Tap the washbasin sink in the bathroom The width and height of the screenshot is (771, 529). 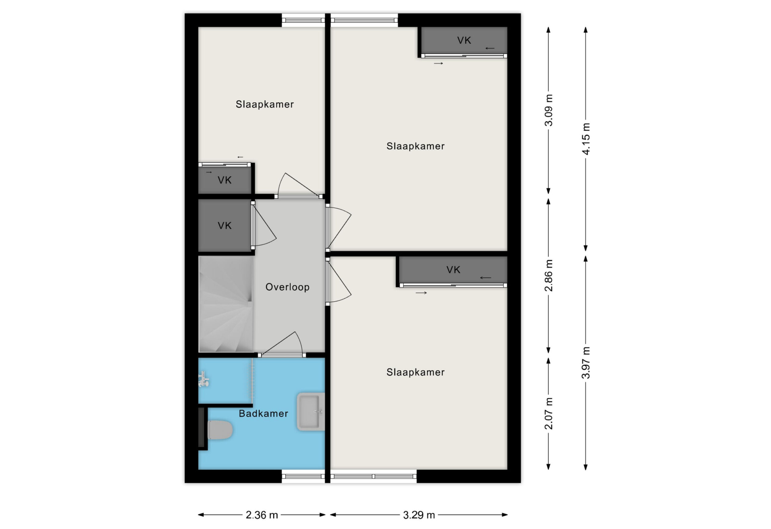point(311,412)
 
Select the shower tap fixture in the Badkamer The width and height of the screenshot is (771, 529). point(203,379)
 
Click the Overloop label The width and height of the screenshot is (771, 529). point(287,287)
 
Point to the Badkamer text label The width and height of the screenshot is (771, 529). point(263,414)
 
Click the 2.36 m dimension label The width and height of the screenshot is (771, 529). point(262,515)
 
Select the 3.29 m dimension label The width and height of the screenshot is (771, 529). point(419,515)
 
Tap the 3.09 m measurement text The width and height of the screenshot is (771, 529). point(549,110)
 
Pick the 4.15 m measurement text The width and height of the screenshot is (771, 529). point(586,139)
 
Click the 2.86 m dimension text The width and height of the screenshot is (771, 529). point(549,275)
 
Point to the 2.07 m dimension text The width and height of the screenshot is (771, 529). point(549,414)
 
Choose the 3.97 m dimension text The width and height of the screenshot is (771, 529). point(586,363)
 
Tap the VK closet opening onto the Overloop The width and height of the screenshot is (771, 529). point(225,226)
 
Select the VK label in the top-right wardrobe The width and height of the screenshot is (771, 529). point(464,40)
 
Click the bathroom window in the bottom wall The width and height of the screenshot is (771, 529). point(303,476)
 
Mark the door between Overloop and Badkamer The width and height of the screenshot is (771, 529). point(282,355)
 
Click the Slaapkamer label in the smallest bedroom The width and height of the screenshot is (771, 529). point(265,104)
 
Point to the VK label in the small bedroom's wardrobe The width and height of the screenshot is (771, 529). point(225,180)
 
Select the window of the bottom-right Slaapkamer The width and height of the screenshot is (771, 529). point(373,476)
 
